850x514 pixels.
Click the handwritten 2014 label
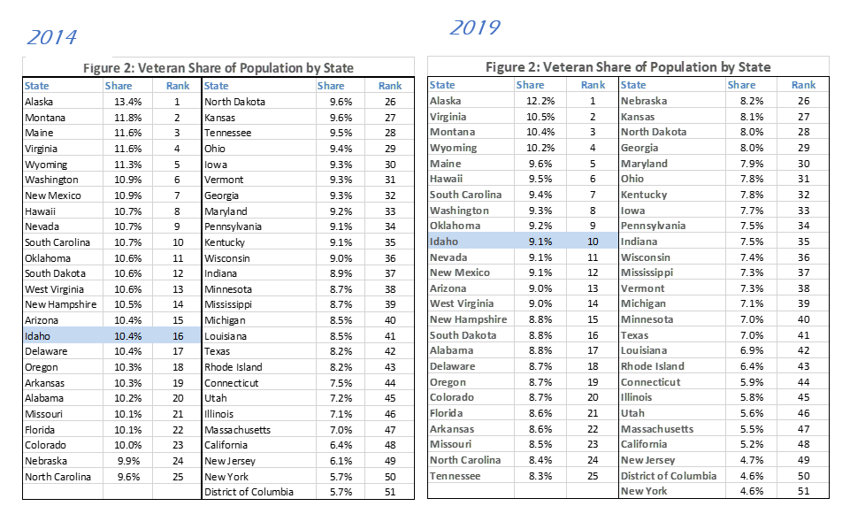(x=51, y=37)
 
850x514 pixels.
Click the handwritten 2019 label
(x=474, y=27)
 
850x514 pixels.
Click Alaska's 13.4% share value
(x=119, y=102)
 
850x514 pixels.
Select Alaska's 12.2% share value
(x=540, y=101)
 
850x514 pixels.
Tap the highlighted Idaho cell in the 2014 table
(x=37, y=336)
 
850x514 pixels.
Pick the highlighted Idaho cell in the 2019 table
(x=443, y=242)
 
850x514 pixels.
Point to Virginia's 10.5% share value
(x=540, y=117)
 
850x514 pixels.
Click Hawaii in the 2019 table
(x=446, y=179)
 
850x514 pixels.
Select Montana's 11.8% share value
(x=119, y=118)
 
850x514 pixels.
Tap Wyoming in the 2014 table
(x=46, y=165)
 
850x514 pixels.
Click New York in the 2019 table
(x=644, y=491)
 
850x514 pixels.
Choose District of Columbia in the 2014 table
(x=249, y=492)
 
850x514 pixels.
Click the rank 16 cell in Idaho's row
(x=177, y=336)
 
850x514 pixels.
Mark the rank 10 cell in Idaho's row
(x=593, y=242)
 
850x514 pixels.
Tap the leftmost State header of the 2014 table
(x=37, y=86)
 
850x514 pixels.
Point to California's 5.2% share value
(x=741, y=444)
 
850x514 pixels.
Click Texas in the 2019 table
(x=634, y=335)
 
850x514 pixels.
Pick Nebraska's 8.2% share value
(x=741, y=101)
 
